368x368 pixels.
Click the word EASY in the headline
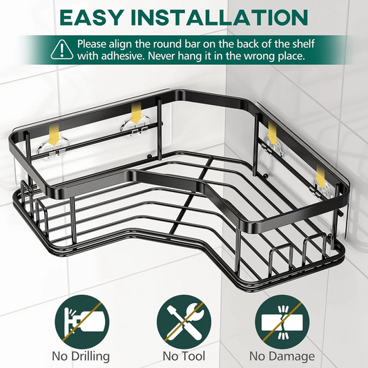click(x=91, y=17)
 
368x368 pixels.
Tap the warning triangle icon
click(x=62, y=50)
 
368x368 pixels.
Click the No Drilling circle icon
click(x=82, y=322)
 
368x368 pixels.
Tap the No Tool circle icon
click(x=184, y=322)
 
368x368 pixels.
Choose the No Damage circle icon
click(x=282, y=322)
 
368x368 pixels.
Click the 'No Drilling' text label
click(x=81, y=356)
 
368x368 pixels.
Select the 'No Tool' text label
click(x=184, y=356)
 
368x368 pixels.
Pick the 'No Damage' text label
click(x=282, y=356)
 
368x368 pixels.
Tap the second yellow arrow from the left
click(x=135, y=114)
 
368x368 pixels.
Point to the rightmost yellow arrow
click(x=320, y=177)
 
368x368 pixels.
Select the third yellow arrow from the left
click(x=272, y=134)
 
